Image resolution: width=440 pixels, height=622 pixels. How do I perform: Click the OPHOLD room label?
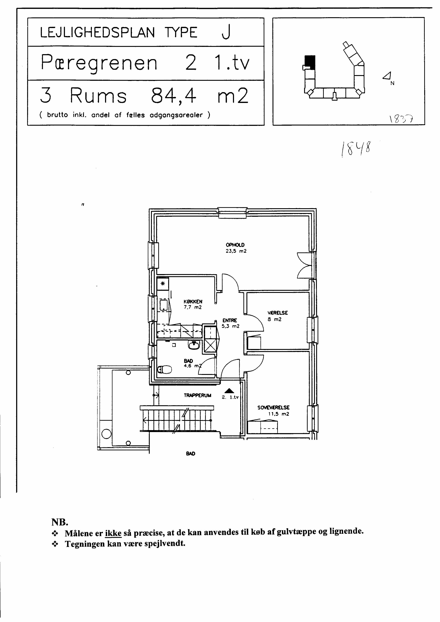(x=235, y=245)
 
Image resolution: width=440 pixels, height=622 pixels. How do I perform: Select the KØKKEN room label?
(x=193, y=302)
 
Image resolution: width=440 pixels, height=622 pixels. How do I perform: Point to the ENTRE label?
(x=230, y=320)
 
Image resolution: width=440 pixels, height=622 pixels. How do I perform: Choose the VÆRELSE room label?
(x=278, y=313)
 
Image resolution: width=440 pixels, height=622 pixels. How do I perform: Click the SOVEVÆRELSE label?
(x=273, y=407)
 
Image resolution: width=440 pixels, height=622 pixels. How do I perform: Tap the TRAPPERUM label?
(x=197, y=395)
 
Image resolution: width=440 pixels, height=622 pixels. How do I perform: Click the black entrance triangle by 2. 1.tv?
(x=229, y=391)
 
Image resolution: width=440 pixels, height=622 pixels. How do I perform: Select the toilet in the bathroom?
(x=165, y=369)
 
